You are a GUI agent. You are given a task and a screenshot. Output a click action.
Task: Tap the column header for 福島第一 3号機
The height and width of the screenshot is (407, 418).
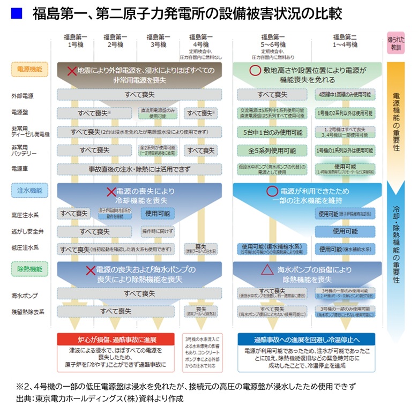[158, 41]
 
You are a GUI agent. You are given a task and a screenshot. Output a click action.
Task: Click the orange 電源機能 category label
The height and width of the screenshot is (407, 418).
[30, 69]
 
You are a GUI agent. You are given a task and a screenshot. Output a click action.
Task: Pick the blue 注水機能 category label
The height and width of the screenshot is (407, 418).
[30, 190]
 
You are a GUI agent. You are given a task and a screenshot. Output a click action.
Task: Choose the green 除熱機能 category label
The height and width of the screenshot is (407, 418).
[30, 268]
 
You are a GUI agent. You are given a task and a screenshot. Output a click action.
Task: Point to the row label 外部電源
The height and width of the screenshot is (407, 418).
[23, 96]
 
